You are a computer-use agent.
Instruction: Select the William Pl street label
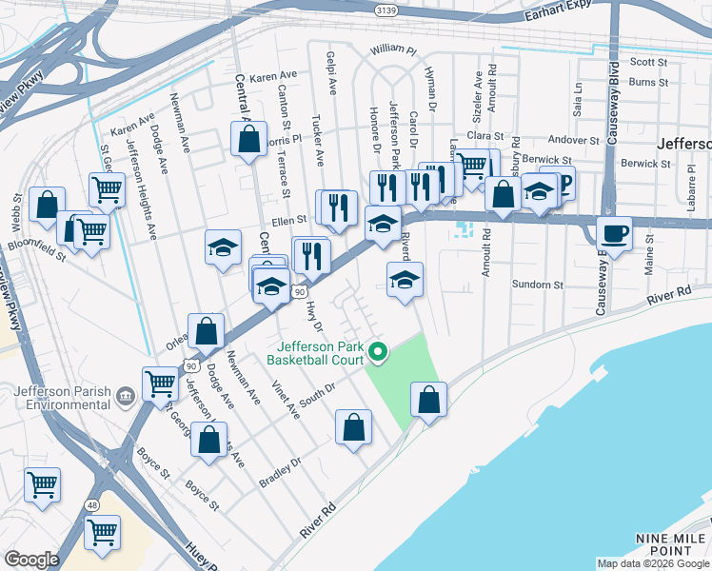pos(394,49)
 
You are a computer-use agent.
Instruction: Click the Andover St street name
pos(567,140)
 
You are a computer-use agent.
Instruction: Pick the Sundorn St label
pos(539,285)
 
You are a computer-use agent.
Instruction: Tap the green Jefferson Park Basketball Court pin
pos(378,353)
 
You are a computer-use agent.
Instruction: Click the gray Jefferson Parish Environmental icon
pos(125,395)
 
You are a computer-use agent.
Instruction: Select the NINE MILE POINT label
pos(671,544)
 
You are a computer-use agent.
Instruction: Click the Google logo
pos(31,559)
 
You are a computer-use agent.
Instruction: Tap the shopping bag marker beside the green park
pos(429,400)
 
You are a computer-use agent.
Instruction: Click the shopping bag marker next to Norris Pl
pos(248,139)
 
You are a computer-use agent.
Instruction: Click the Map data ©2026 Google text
pos(653,563)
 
